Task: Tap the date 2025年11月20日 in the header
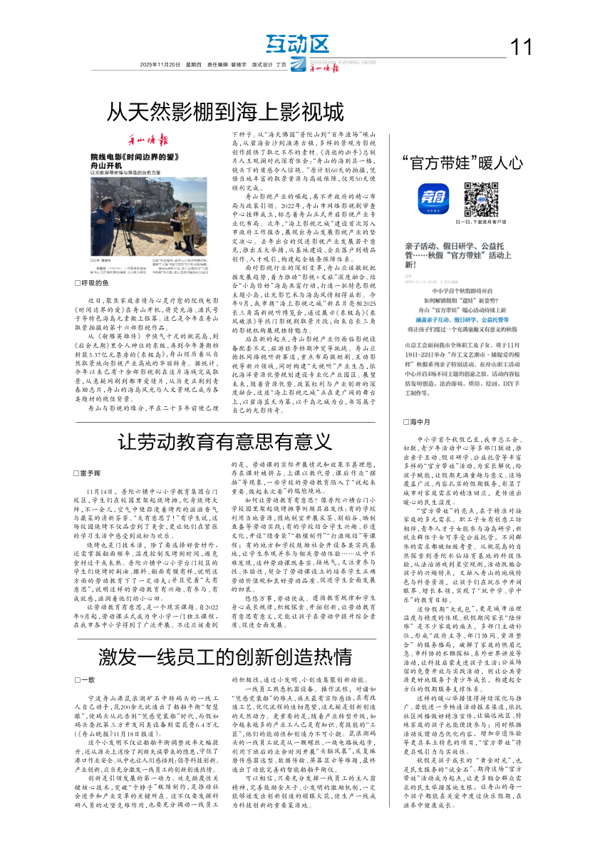point(160,64)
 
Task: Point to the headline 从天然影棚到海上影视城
point(225,112)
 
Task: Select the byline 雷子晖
point(93,473)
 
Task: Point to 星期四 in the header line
point(194,64)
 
